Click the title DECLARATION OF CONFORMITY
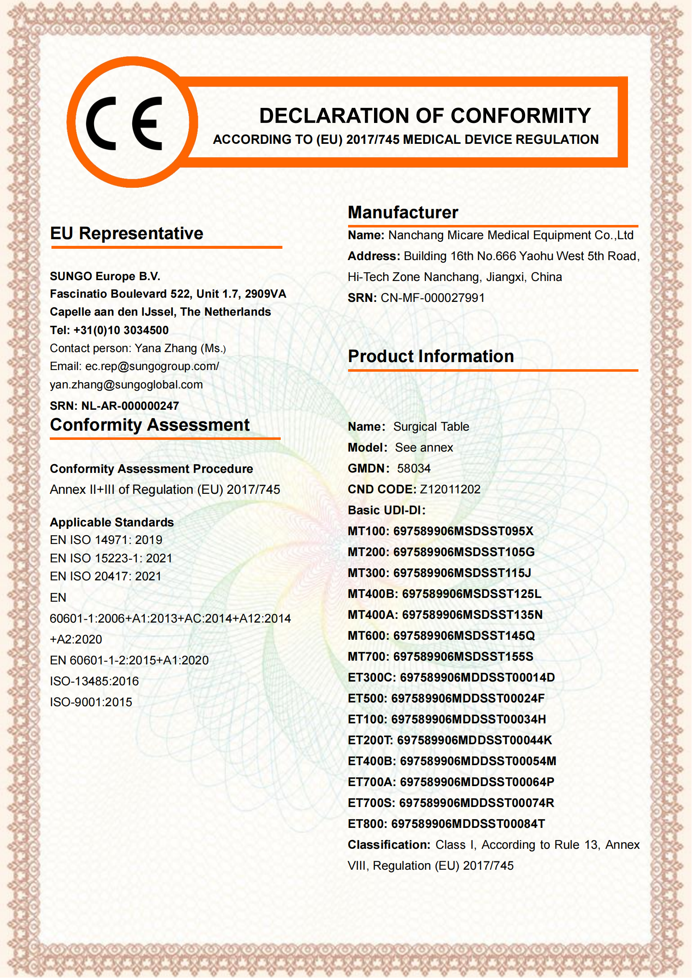[x=425, y=116]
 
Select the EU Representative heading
[x=126, y=233]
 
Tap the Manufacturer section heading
[x=402, y=212]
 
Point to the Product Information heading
[x=431, y=356]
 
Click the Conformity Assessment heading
[x=149, y=425]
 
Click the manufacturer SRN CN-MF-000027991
[x=432, y=298]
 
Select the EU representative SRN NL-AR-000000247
[x=130, y=406]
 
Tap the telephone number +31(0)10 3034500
[x=121, y=330]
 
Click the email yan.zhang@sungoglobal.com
[x=126, y=385]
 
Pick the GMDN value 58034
[x=413, y=469]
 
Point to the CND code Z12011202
[x=450, y=490]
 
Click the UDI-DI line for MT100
[x=440, y=531]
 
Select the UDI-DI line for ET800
[x=446, y=824]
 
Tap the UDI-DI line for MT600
[x=441, y=636]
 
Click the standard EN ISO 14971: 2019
[x=106, y=540]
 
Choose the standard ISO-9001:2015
[x=91, y=702]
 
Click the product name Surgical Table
[x=431, y=427]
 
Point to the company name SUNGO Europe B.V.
[x=105, y=276]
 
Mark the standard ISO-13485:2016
[x=94, y=681]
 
